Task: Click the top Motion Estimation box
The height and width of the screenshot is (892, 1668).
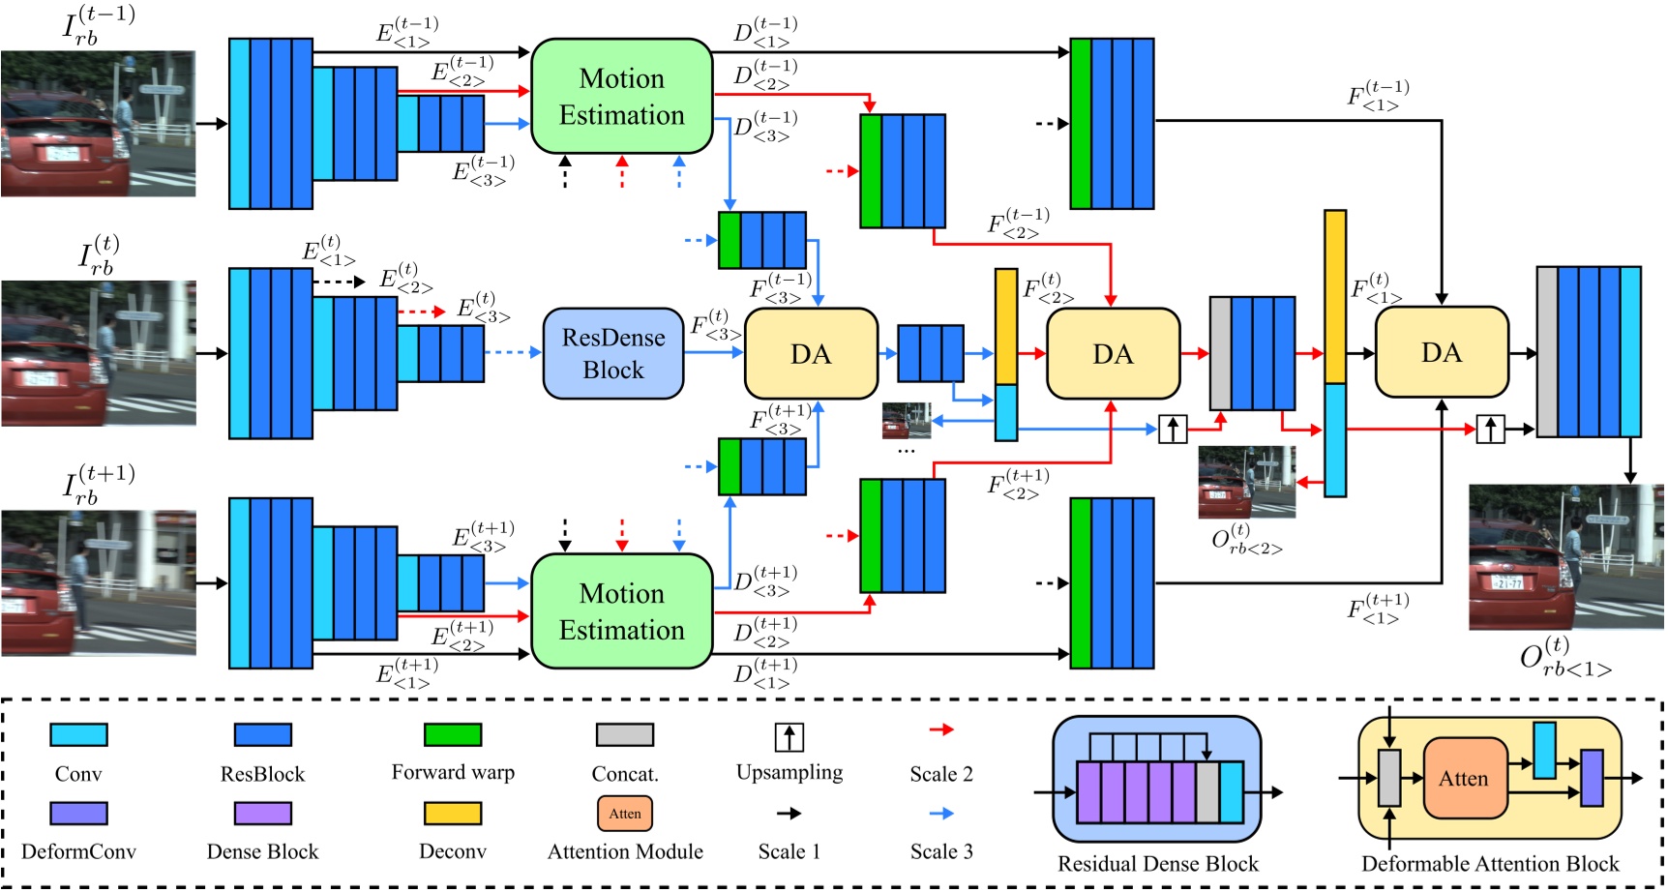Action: click(621, 96)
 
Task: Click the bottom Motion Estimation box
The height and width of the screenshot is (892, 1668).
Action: click(621, 610)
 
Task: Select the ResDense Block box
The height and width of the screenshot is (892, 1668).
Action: click(613, 353)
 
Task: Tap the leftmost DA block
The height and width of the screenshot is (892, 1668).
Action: click(811, 353)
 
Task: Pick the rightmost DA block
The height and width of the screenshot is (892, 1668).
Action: click(1441, 352)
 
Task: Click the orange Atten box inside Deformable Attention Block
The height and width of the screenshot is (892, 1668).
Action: click(1465, 778)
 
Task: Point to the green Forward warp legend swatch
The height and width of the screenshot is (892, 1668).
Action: click(453, 734)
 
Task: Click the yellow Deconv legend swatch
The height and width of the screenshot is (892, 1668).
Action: click(453, 813)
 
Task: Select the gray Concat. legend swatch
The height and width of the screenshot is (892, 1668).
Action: click(625, 734)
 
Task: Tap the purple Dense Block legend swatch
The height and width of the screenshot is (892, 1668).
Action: click(262, 813)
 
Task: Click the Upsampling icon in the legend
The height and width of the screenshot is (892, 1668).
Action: click(789, 737)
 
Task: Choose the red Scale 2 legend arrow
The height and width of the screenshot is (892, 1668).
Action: click(941, 729)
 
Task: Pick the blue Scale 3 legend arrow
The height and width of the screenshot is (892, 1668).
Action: click(941, 814)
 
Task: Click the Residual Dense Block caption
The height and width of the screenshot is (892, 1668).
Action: click(1158, 863)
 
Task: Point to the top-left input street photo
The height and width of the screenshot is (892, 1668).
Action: click(98, 124)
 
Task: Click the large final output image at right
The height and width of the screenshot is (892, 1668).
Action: click(1565, 557)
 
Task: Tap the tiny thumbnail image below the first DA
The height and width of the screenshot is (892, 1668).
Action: click(907, 421)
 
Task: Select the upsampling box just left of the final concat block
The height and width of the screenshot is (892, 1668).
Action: click(1490, 429)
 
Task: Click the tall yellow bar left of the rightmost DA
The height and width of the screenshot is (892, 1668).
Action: click(1335, 296)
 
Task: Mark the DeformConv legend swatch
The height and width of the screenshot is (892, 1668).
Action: click(78, 813)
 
